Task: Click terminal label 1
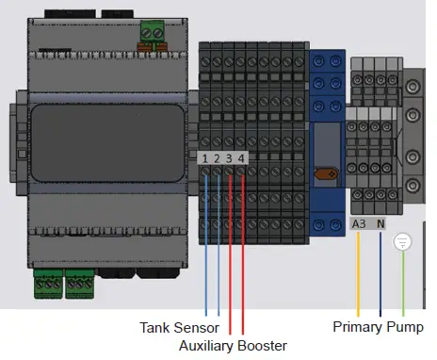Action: (205, 159)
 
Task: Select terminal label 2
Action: (218, 159)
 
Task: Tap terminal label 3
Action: (230, 159)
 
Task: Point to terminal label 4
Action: (242, 159)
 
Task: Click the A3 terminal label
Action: (359, 224)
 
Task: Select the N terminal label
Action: (380, 224)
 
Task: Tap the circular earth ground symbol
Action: (402, 242)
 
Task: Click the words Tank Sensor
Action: (179, 328)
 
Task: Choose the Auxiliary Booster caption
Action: (233, 346)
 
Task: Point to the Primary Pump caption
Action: (383, 328)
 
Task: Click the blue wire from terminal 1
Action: (205, 245)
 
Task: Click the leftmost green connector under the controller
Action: (48, 282)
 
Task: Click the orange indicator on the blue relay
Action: (327, 173)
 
